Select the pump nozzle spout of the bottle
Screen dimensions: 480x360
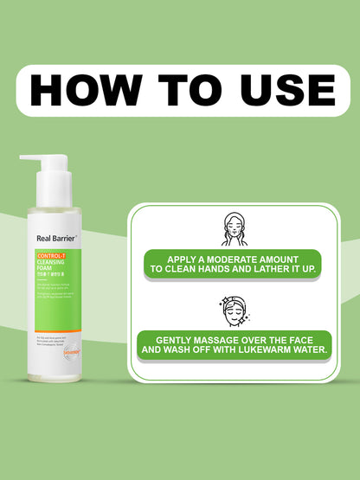[29, 159]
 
